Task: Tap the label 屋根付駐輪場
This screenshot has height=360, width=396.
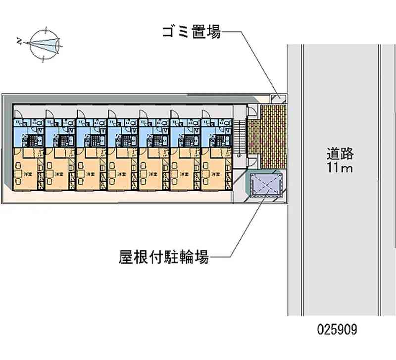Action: [x=163, y=257]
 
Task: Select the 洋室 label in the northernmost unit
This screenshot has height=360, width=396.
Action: [x=28, y=174]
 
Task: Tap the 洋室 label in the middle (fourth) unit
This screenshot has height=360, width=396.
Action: [x=122, y=174]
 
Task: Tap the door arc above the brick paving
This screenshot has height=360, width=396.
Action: [x=252, y=112]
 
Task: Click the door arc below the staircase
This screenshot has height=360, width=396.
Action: [x=252, y=159]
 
